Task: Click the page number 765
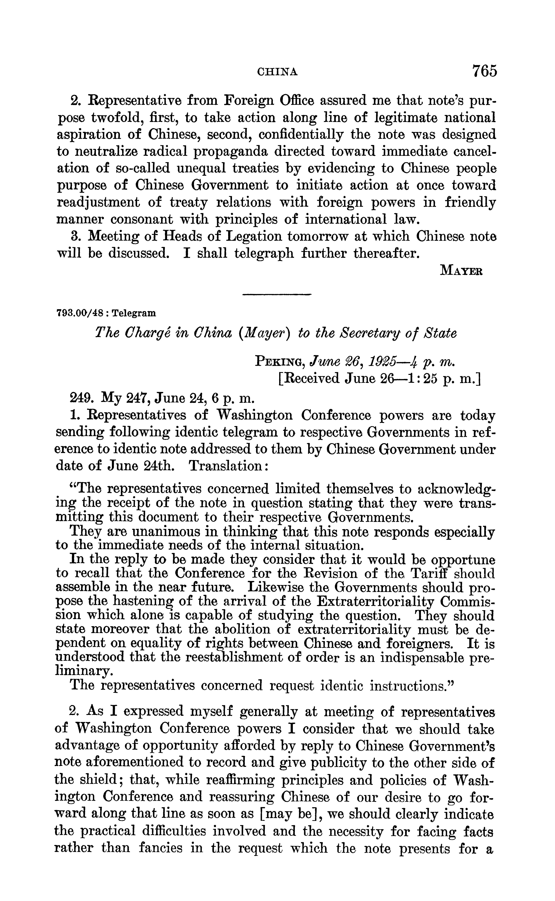coord(484,70)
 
